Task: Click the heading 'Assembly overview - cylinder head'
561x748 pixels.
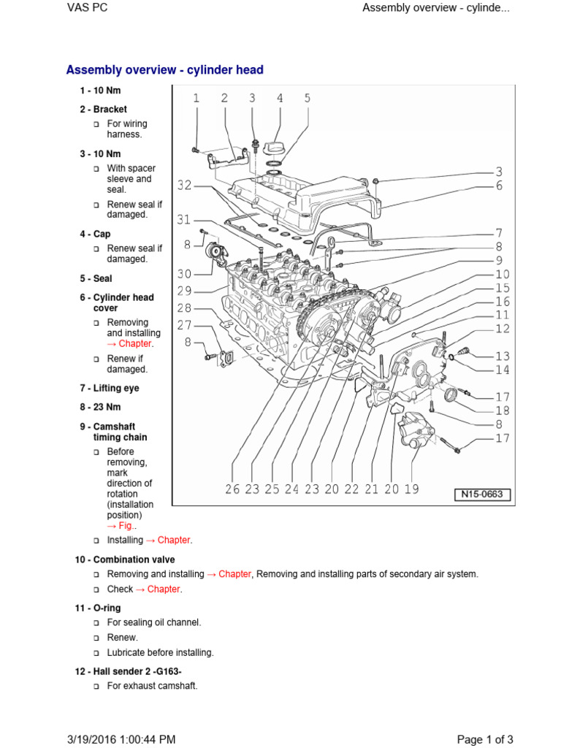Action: [164, 70]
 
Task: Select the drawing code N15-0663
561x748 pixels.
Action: [483, 495]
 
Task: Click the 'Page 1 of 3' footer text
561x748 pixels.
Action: [485, 739]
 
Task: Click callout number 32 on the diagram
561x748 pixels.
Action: [184, 186]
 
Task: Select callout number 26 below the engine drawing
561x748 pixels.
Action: [232, 489]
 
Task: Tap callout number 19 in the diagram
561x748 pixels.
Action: [411, 489]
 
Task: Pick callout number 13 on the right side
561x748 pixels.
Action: [502, 356]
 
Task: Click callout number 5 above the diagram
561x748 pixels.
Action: [307, 98]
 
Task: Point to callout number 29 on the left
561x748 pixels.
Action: [184, 290]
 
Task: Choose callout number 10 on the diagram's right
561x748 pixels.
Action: [502, 275]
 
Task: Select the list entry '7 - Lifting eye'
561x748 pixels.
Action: [110, 389]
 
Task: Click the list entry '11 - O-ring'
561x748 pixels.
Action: [101, 608]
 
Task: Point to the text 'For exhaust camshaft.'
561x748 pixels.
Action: [152, 686]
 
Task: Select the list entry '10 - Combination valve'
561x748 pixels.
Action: [124, 560]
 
